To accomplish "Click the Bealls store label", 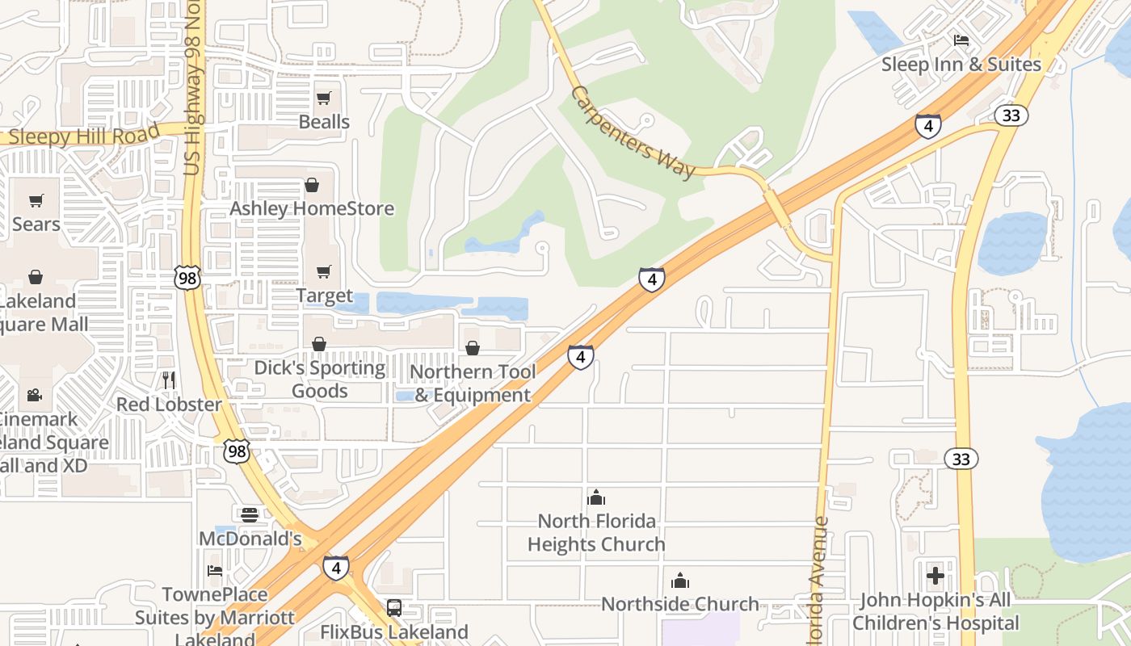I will click(x=324, y=122).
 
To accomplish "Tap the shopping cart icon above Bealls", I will click(x=324, y=99).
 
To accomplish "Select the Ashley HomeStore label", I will click(x=312, y=208).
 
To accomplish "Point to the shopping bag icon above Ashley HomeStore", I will click(x=312, y=186).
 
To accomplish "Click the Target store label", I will click(x=324, y=296).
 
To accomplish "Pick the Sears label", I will click(x=36, y=224).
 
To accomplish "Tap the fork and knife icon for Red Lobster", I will click(x=169, y=380).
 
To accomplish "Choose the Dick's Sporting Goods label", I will click(x=319, y=380).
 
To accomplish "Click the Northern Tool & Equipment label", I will click(x=473, y=384).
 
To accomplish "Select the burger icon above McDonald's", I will click(x=250, y=514).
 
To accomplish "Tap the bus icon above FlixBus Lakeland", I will click(x=394, y=608).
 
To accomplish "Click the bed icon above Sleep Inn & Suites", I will click(x=961, y=40).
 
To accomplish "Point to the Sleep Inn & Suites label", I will click(x=961, y=64).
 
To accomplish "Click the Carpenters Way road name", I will click(x=633, y=132).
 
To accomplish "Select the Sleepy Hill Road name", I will click(x=81, y=136).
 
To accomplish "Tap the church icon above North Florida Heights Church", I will click(x=596, y=497).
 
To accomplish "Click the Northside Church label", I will click(x=680, y=604).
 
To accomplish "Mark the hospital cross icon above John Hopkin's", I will click(x=935, y=576).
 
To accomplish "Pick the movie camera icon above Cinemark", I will click(x=34, y=395).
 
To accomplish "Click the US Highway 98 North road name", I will click(x=194, y=105).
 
